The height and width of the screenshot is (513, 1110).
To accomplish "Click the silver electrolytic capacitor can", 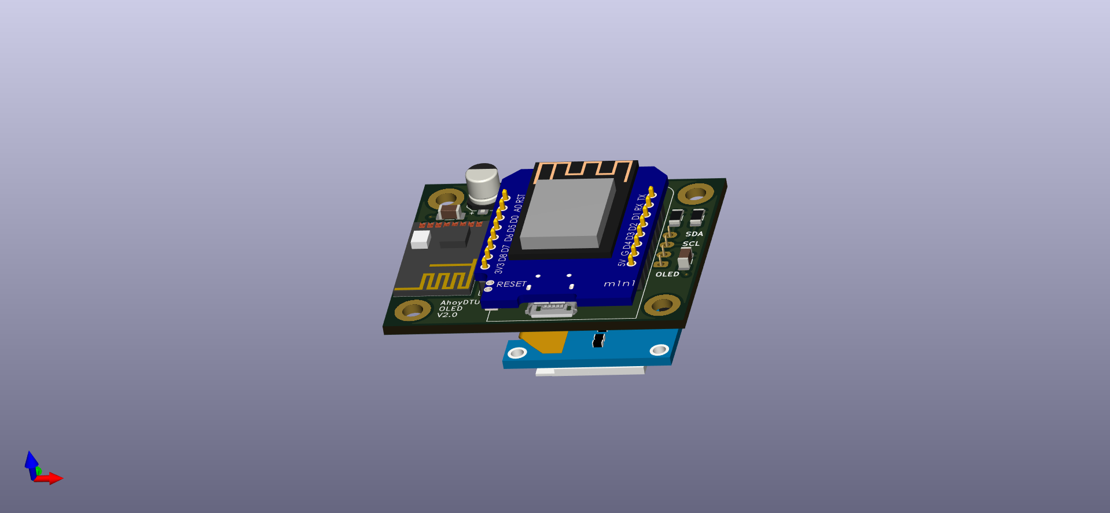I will [x=482, y=183].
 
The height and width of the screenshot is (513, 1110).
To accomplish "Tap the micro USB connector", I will [x=551, y=309].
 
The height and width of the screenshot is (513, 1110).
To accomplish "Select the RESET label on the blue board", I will [x=511, y=284].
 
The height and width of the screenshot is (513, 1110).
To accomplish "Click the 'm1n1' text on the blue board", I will [x=619, y=283].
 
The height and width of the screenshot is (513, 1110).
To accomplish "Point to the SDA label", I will [x=694, y=234].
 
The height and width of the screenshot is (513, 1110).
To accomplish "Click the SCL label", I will [x=691, y=243].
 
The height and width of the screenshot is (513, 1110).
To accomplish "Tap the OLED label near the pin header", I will [x=667, y=274].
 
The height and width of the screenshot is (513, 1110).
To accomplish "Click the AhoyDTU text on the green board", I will [x=460, y=302].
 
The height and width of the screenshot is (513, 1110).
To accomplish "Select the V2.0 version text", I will [x=447, y=315].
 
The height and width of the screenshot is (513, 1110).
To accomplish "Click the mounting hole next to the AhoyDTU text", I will [x=413, y=310].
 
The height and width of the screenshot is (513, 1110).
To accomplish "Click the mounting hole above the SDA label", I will [x=695, y=193].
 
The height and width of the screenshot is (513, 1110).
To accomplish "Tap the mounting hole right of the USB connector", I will [x=661, y=304].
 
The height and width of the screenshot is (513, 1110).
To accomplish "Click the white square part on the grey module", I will [x=421, y=239].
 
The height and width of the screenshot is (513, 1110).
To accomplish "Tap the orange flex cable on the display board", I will [x=544, y=342].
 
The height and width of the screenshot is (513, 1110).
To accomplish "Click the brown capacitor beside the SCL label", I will [x=685, y=258].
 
